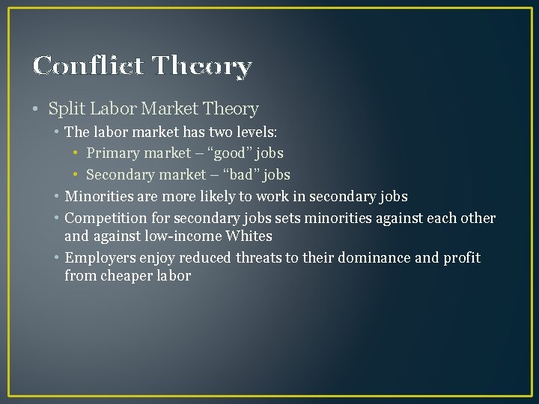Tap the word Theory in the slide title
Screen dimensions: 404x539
202,67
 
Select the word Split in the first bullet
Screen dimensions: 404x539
64,109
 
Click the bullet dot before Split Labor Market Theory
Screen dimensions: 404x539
37,109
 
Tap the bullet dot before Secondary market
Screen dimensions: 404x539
77,175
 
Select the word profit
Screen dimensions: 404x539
461,258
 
